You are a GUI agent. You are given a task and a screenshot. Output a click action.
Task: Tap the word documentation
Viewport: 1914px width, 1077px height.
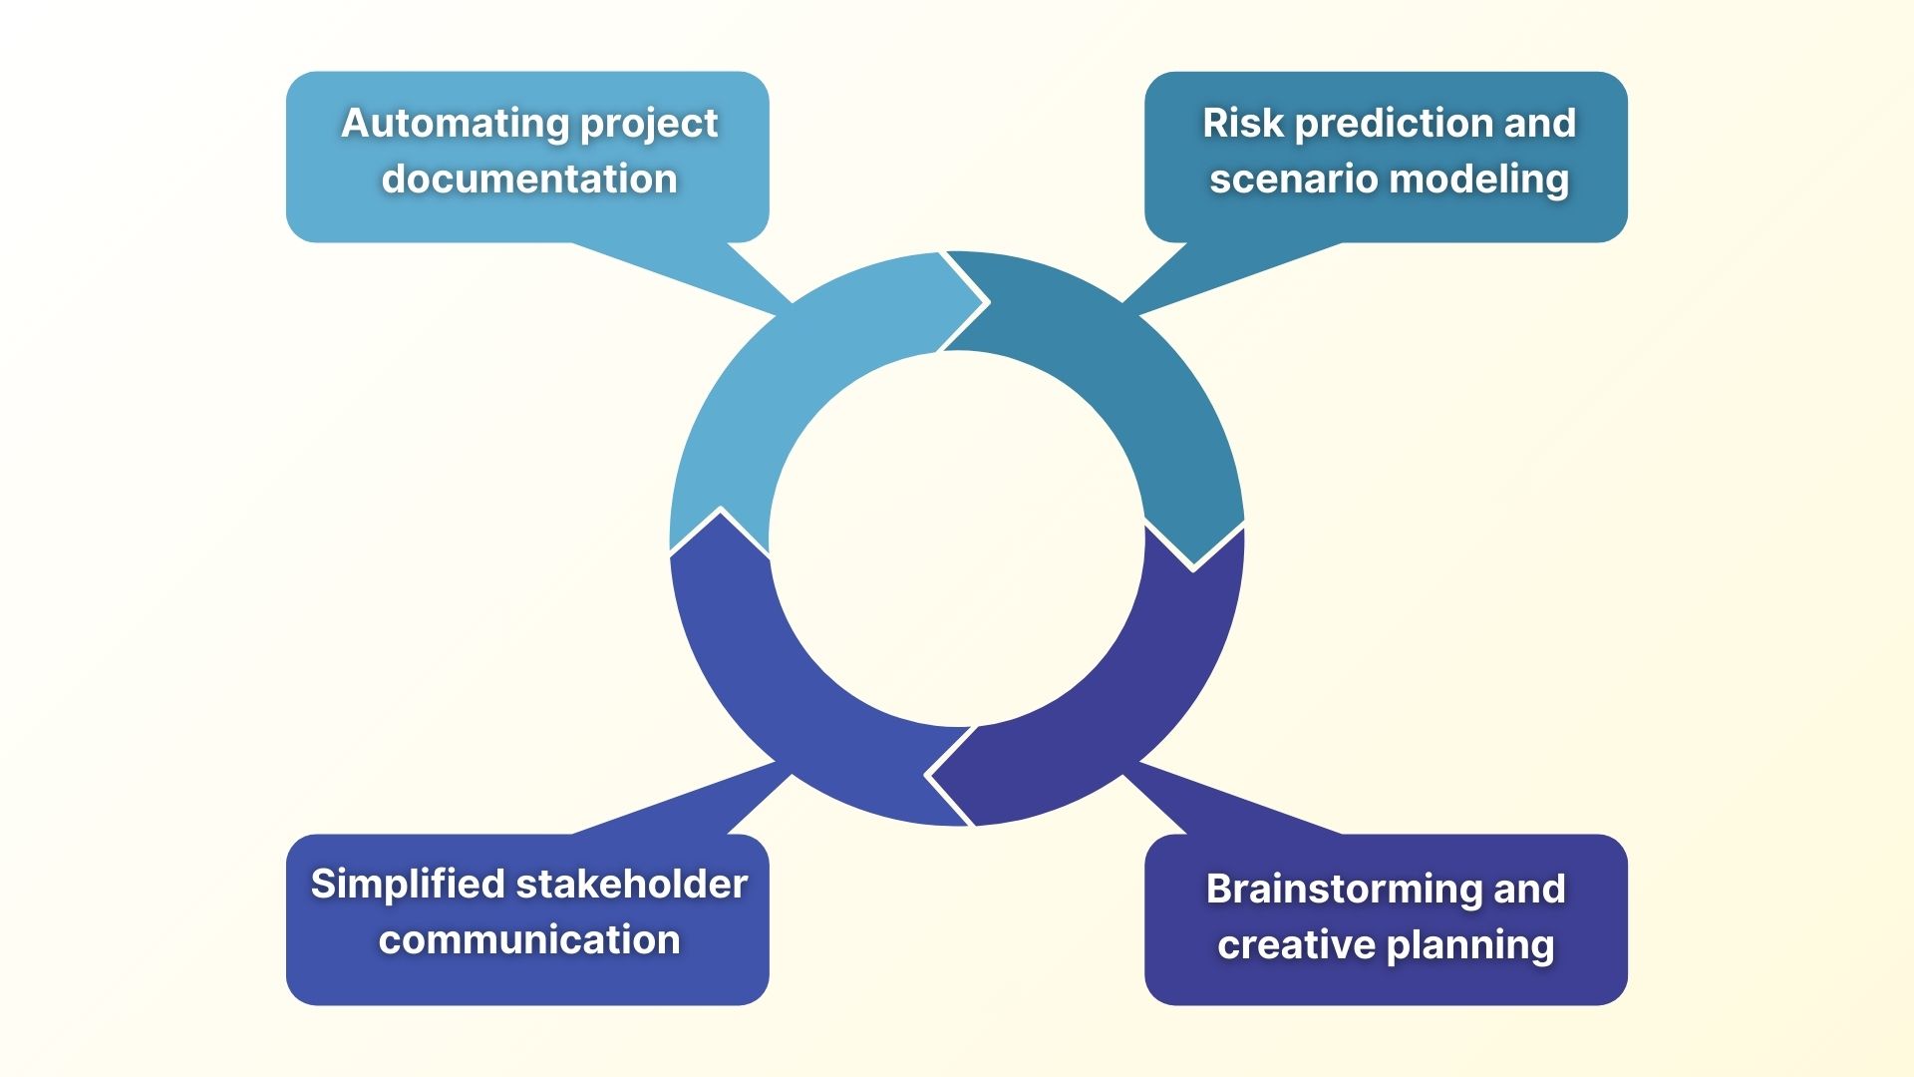click(x=528, y=179)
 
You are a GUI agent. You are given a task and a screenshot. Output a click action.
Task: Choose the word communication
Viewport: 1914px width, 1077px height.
click(x=528, y=940)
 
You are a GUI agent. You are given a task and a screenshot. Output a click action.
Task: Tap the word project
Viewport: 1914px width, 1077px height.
click(x=648, y=123)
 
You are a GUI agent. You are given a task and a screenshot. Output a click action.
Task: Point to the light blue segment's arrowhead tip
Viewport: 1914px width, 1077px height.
click(x=986, y=301)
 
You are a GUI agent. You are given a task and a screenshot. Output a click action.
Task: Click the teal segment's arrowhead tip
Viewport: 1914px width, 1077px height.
click(x=1193, y=568)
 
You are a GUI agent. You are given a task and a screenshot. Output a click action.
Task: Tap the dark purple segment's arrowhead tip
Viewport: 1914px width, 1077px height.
click(x=928, y=775)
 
